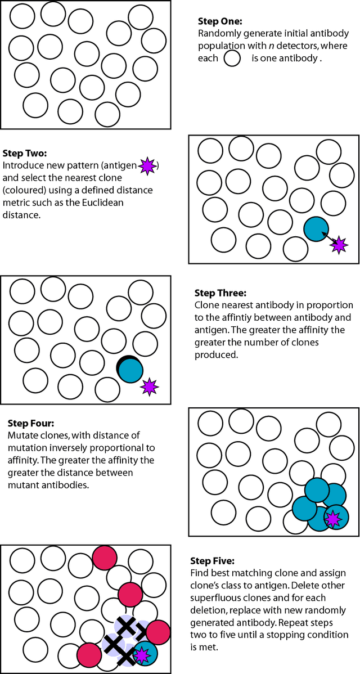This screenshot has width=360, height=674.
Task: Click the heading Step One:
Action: pos(220,22)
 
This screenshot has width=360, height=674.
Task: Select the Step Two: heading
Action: pos(25,153)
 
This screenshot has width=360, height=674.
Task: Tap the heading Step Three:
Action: pos(220,293)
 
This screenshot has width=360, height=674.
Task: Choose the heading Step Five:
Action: pos(218,561)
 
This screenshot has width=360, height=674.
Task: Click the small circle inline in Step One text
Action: pos(232,58)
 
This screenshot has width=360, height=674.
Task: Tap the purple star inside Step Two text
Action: pos(147,165)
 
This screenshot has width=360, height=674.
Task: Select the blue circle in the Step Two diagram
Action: pos(316,229)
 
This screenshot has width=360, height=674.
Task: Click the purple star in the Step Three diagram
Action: pos(149,387)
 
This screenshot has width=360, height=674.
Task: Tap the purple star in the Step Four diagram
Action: pos(334,519)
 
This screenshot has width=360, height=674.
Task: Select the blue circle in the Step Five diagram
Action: pos(146,654)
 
